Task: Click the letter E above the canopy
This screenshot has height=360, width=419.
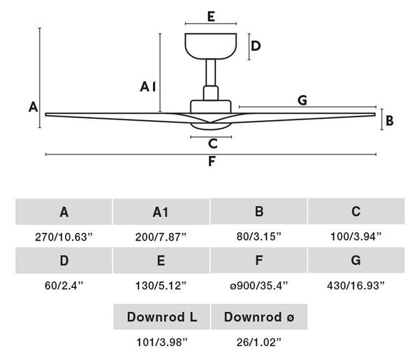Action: (211, 17)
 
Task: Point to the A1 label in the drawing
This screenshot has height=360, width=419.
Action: (148, 87)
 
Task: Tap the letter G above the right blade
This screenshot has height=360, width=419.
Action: (302, 100)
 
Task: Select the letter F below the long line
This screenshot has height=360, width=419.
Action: (212, 161)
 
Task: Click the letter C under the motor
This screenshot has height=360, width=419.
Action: (213, 143)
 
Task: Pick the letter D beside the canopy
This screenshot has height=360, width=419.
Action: (256, 46)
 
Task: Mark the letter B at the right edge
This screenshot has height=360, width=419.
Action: (390, 121)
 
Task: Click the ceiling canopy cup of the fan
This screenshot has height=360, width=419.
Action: (211, 46)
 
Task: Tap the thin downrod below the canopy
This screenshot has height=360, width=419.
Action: (211, 73)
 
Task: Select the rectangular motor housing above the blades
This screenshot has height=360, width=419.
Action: (211, 106)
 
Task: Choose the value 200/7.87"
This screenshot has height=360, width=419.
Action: (161, 237)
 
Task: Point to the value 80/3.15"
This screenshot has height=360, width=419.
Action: (259, 236)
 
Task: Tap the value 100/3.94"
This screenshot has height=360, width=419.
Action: (356, 236)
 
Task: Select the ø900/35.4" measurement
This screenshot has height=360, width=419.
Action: (258, 286)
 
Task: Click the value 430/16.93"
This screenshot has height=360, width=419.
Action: (355, 286)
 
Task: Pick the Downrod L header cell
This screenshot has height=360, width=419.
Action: (162, 317)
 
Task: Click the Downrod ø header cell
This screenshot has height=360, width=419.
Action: (259, 317)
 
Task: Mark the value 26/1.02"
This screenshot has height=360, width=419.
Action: (259, 342)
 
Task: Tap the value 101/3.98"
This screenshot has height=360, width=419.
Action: (162, 342)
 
